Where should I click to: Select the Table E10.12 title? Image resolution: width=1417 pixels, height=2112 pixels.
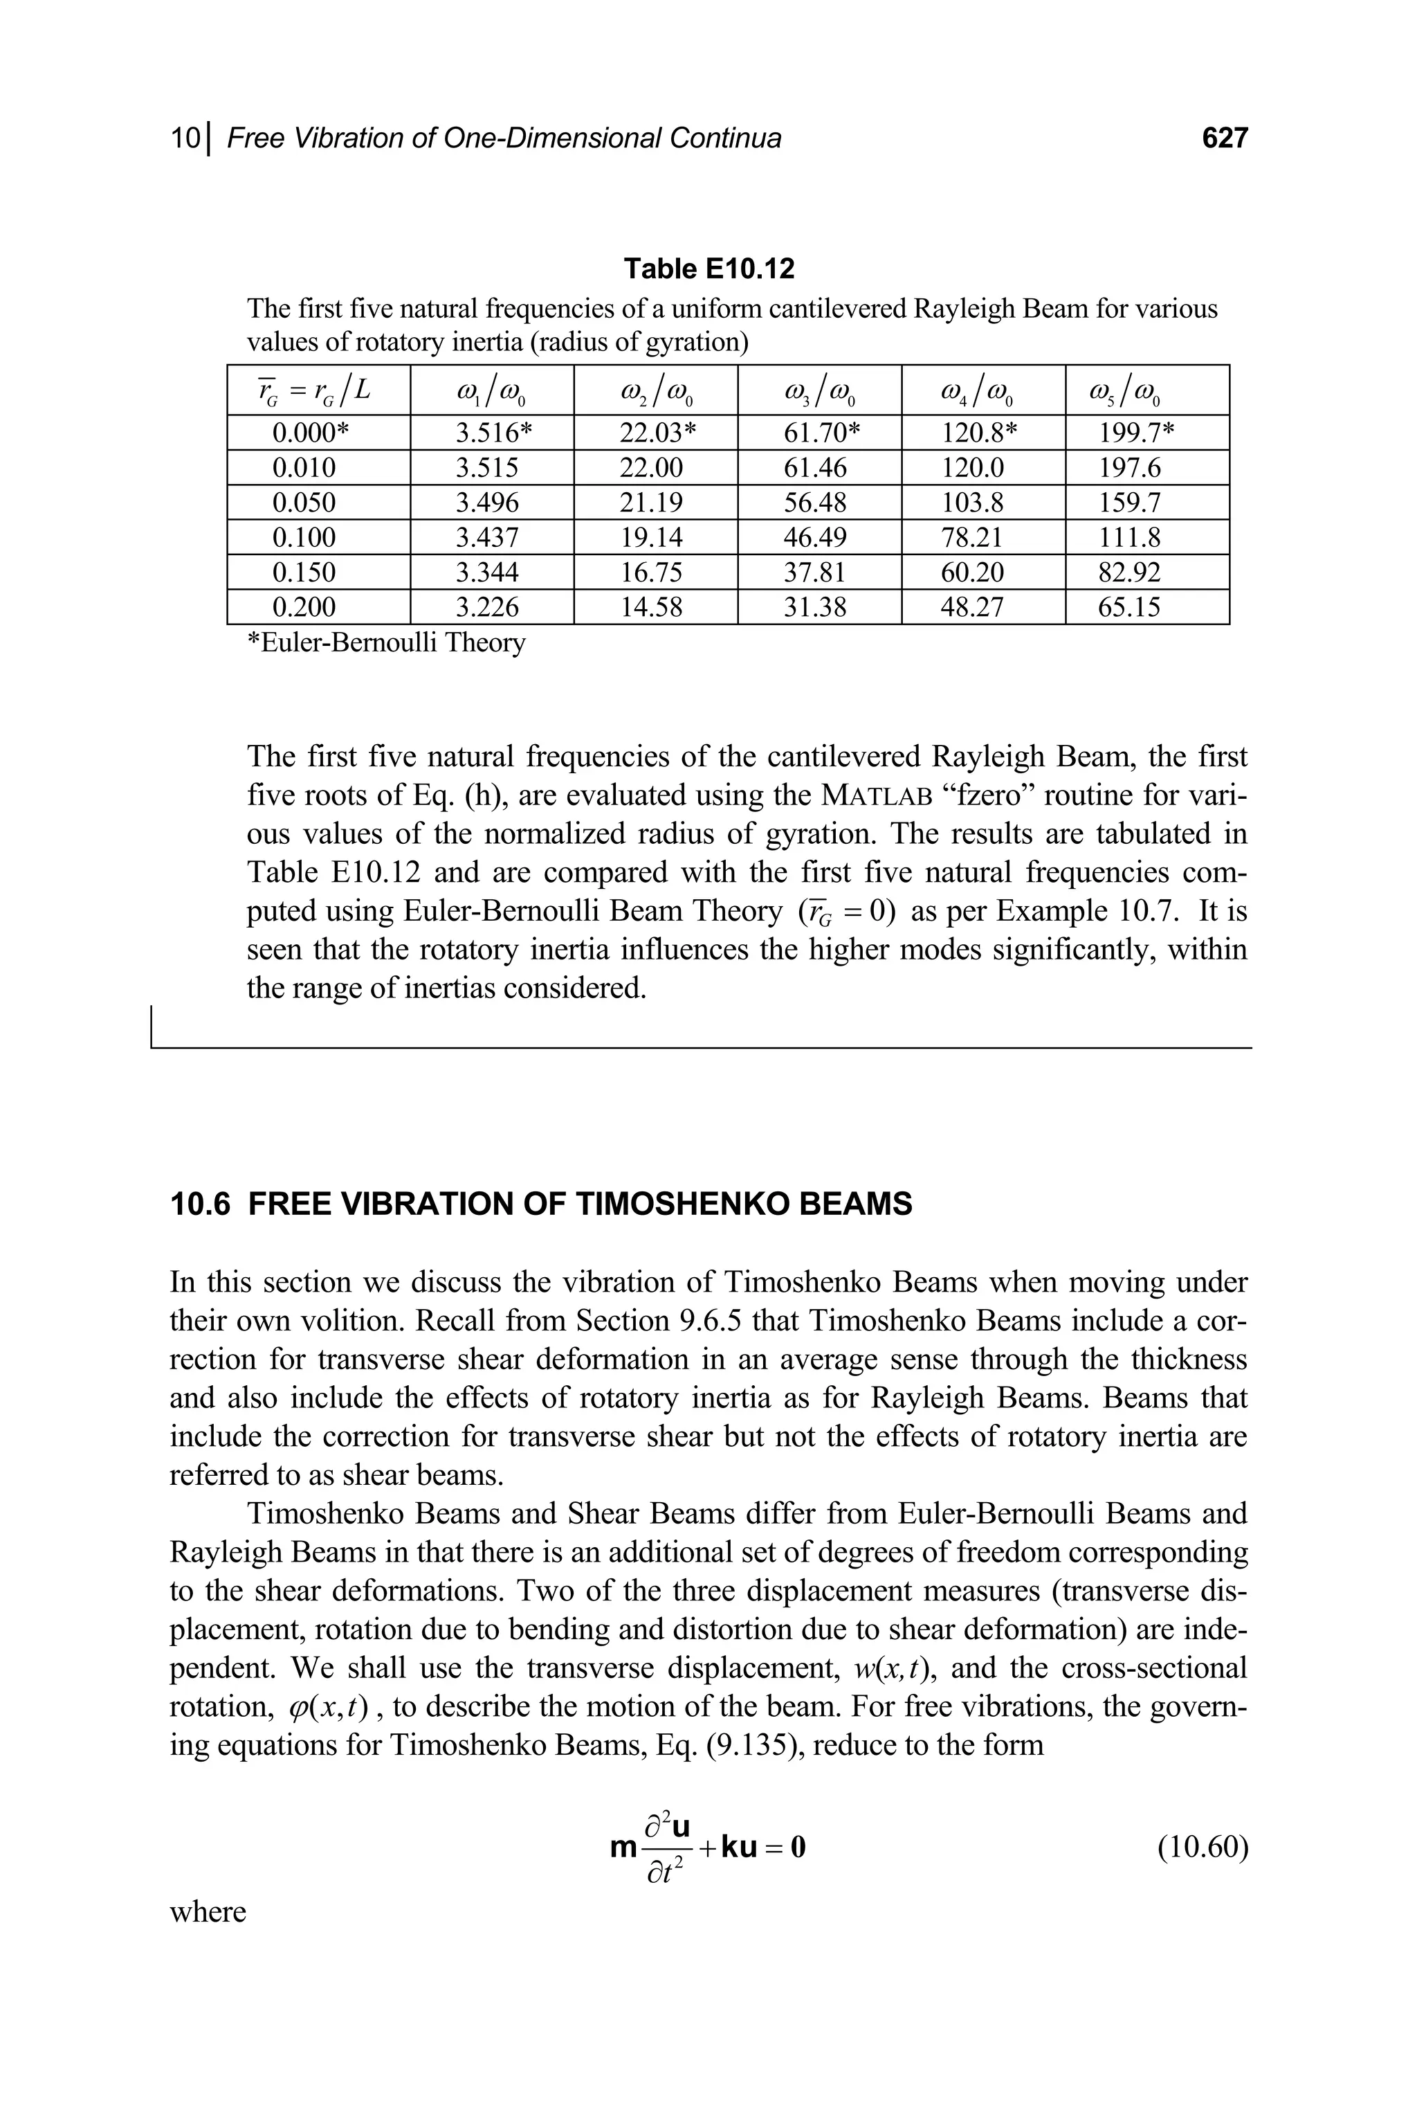[x=709, y=269]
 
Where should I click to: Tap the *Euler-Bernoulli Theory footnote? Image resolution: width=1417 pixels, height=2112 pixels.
[x=386, y=643]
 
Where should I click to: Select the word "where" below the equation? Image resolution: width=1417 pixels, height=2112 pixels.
[x=208, y=1911]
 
